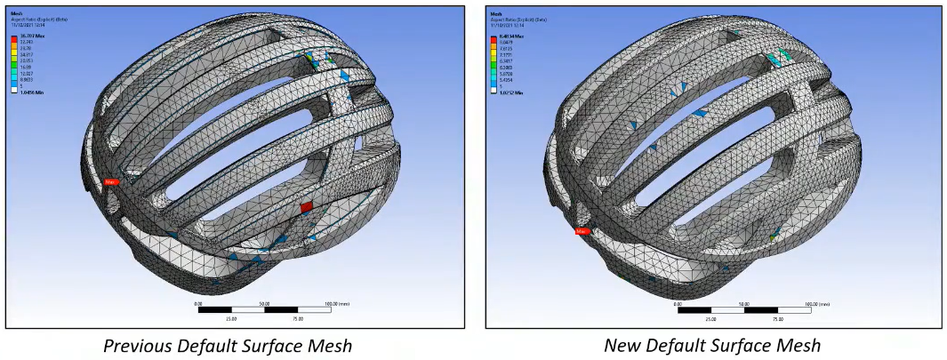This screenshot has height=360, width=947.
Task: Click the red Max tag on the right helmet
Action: (x=582, y=231)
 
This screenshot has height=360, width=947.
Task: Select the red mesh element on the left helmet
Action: (x=307, y=206)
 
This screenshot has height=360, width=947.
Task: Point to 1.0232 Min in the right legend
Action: (x=509, y=92)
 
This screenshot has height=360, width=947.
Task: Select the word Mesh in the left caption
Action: (x=331, y=345)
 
